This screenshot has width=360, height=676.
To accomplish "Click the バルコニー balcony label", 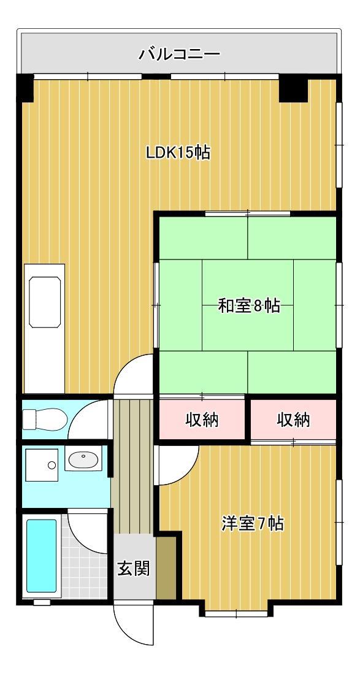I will [179, 55].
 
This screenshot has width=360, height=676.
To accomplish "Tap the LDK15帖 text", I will [178, 152].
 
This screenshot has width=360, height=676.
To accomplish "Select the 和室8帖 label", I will [249, 305].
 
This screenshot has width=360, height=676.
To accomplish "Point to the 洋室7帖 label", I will [252, 524].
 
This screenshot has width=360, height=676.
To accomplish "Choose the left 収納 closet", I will [202, 420].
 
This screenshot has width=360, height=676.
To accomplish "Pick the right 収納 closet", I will [293, 420].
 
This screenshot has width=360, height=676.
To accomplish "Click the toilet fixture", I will [44, 420].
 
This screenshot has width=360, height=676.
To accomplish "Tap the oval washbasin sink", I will [84, 459].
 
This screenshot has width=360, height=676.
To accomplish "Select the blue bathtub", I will [41, 555].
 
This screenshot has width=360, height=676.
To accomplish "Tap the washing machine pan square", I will [41, 464].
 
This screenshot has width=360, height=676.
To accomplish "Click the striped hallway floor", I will [132, 466].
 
